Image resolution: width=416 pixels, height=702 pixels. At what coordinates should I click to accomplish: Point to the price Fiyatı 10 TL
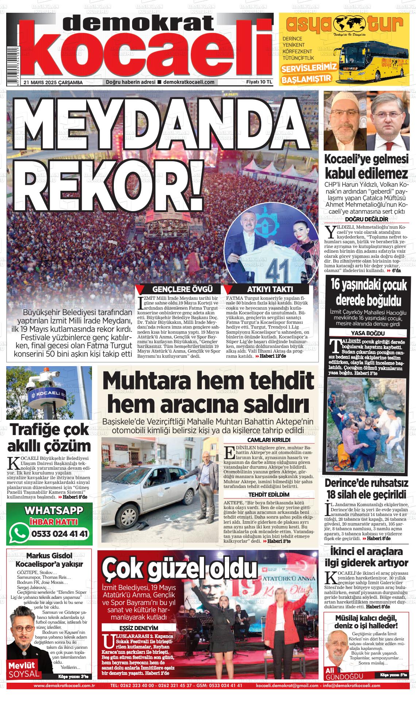point(259,82)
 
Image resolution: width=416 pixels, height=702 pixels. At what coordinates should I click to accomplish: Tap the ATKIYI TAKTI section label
point(270,290)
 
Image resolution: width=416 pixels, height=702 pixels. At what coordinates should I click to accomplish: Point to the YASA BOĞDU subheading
point(367,333)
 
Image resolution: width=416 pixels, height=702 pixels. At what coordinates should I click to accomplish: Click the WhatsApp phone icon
point(19,533)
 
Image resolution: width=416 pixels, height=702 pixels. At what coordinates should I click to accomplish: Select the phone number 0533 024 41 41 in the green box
point(60,534)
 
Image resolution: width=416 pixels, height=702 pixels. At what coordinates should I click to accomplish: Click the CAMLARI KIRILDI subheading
point(269,440)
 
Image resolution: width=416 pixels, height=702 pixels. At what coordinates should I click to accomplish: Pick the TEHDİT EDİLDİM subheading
point(269,494)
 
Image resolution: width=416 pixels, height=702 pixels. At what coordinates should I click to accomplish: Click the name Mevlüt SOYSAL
point(24,669)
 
